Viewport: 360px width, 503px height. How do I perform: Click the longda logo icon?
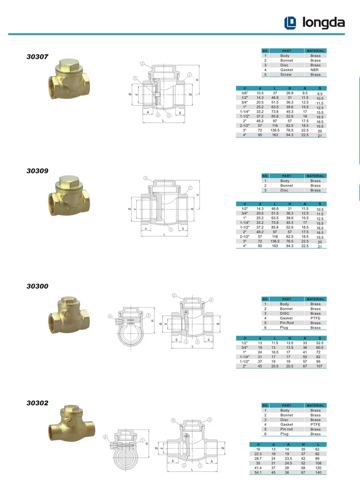pyautogui.click(x=290, y=23)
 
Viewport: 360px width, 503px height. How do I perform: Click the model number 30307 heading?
pyautogui.click(x=37, y=57)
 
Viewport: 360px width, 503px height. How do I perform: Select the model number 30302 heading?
pyautogui.click(x=37, y=403)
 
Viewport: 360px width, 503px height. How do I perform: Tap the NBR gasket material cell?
pyautogui.click(x=315, y=70)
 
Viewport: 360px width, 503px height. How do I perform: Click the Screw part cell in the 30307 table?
pyautogui.click(x=286, y=75)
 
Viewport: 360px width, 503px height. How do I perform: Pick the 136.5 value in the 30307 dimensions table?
pyautogui.click(x=275, y=130)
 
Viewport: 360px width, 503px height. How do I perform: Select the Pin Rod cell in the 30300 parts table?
pyautogui.click(x=287, y=323)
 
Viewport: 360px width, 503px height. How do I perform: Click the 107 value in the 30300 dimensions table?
pyautogui.click(x=319, y=366)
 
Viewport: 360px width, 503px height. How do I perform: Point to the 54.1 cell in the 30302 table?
pyautogui.click(x=258, y=473)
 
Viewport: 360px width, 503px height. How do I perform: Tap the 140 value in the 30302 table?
pyautogui.click(x=318, y=473)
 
